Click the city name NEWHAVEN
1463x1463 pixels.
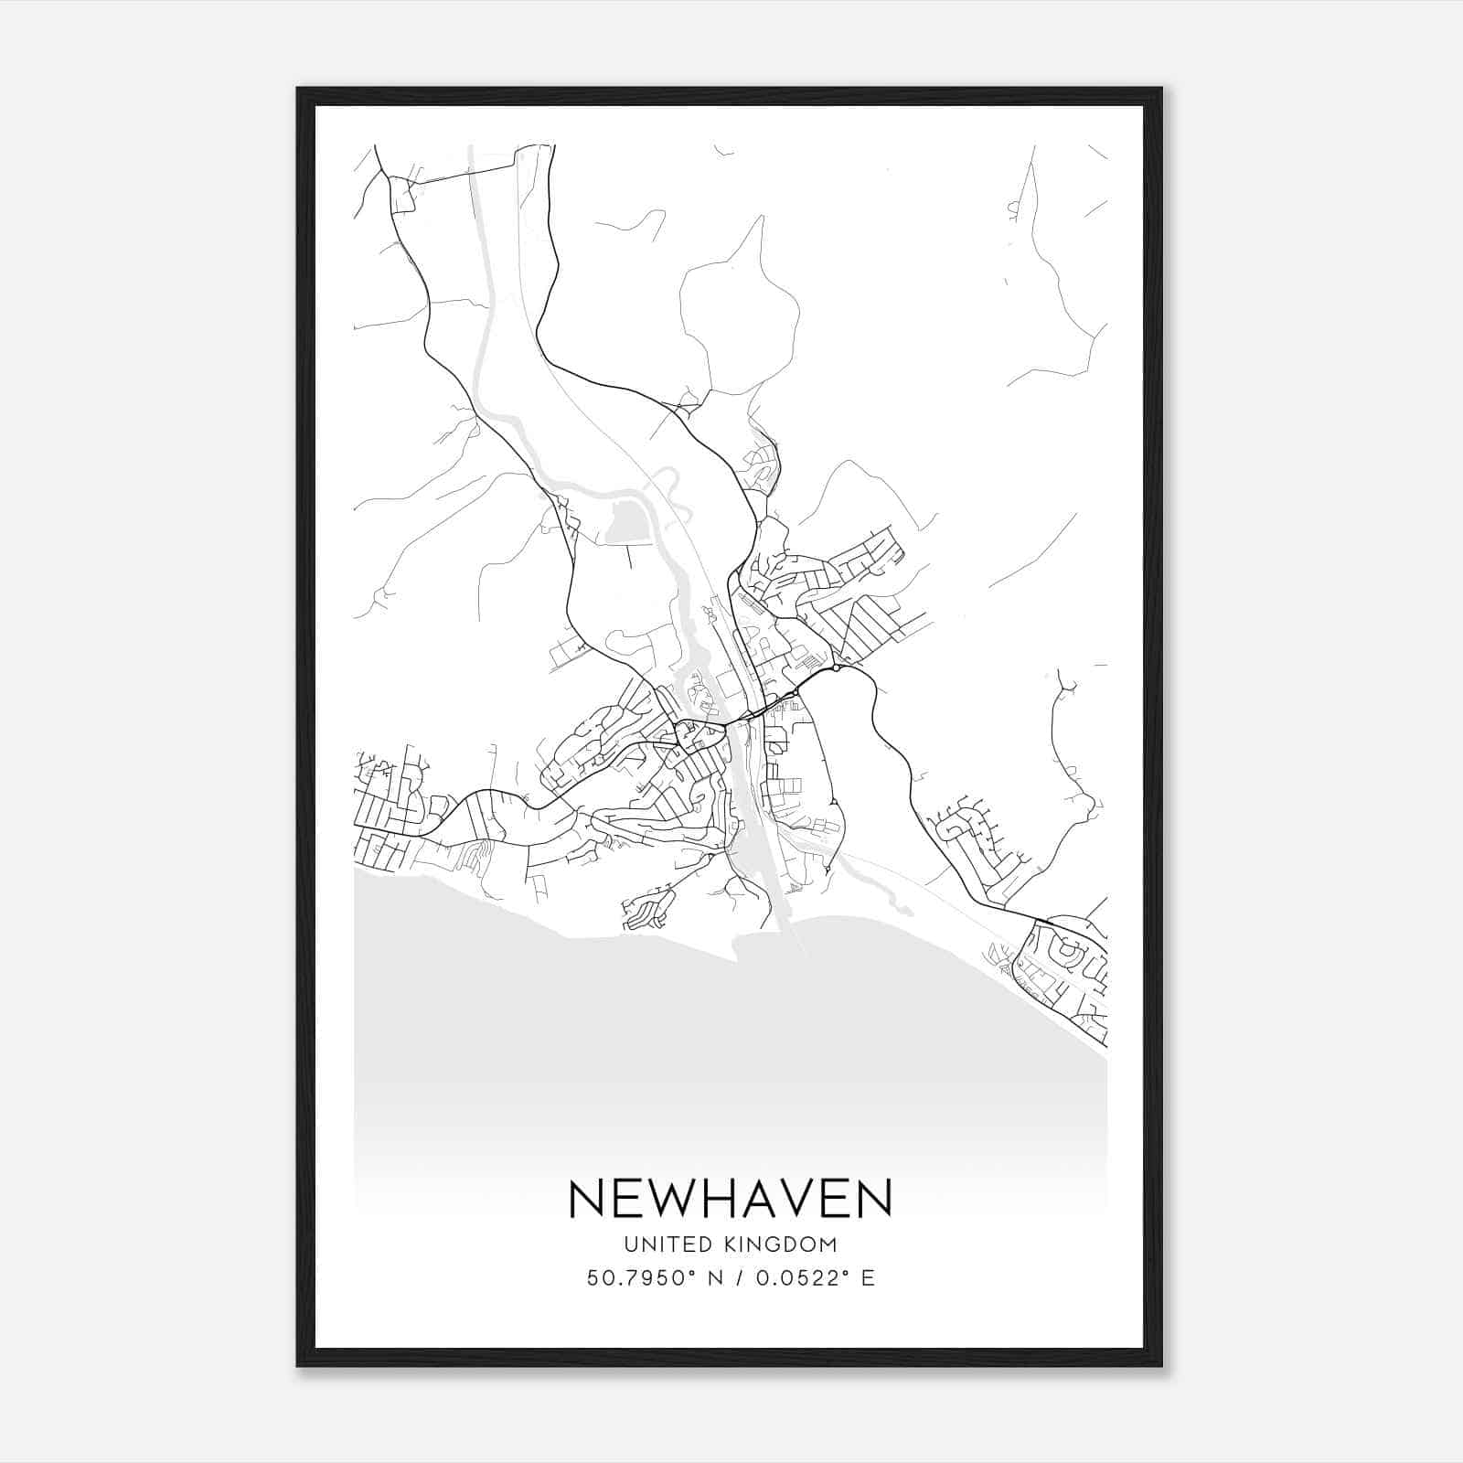(x=731, y=1198)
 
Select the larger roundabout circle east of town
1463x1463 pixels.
(x=836, y=668)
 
